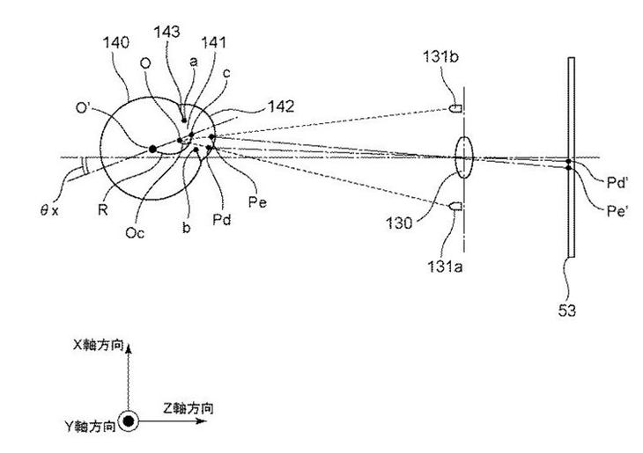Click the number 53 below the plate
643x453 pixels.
pos(572,309)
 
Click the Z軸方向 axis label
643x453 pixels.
pos(188,407)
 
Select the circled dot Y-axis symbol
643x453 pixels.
pos(129,423)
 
